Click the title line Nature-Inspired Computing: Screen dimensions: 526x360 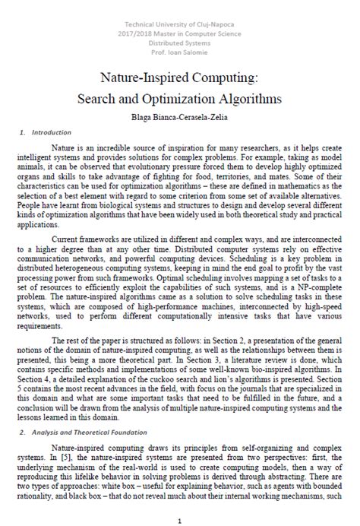(x=179, y=78)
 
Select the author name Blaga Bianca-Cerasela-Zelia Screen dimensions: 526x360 (x=179, y=116)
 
